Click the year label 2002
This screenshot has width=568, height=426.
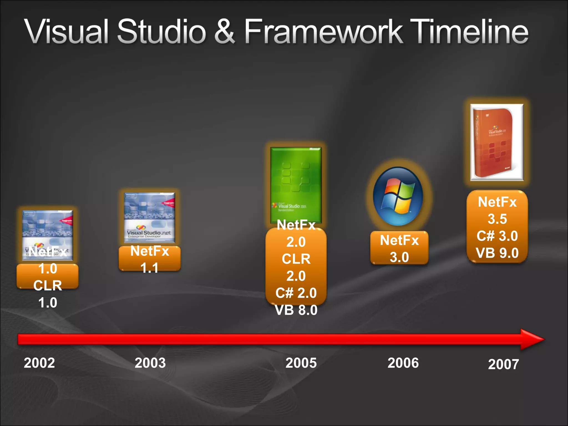pyautogui.click(x=39, y=363)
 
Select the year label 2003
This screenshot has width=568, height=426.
pyautogui.click(x=150, y=363)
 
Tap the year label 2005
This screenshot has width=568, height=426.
pyautogui.click(x=301, y=363)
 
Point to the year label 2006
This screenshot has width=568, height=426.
pyautogui.click(x=403, y=363)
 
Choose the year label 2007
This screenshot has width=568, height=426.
pyautogui.click(x=503, y=364)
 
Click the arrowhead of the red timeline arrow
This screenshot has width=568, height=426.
pyautogui.click(x=531, y=339)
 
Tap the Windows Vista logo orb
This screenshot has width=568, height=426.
pyautogui.click(x=398, y=196)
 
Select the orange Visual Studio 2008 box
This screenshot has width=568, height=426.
pyautogui.click(x=497, y=142)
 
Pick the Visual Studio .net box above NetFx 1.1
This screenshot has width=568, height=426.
pyautogui.click(x=149, y=217)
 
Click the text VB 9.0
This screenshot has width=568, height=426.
pyautogui.click(x=497, y=253)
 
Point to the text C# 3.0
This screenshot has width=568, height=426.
pyautogui.click(x=497, y=236)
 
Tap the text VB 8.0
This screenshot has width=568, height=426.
pyautogui.click(x=296, y=310)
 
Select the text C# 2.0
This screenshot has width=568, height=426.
pyautogui.click(x=296, y=293)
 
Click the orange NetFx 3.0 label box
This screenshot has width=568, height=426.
pyautogui.click(x=399, y=248)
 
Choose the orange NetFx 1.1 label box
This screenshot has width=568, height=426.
pyautogui.click(x=149, y=258)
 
